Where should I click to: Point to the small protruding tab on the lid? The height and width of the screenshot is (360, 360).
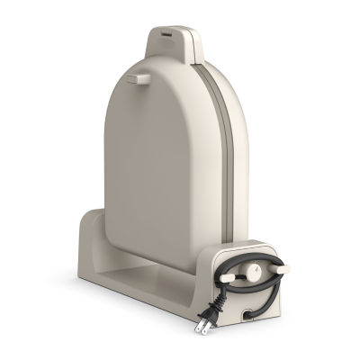[138, 79]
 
